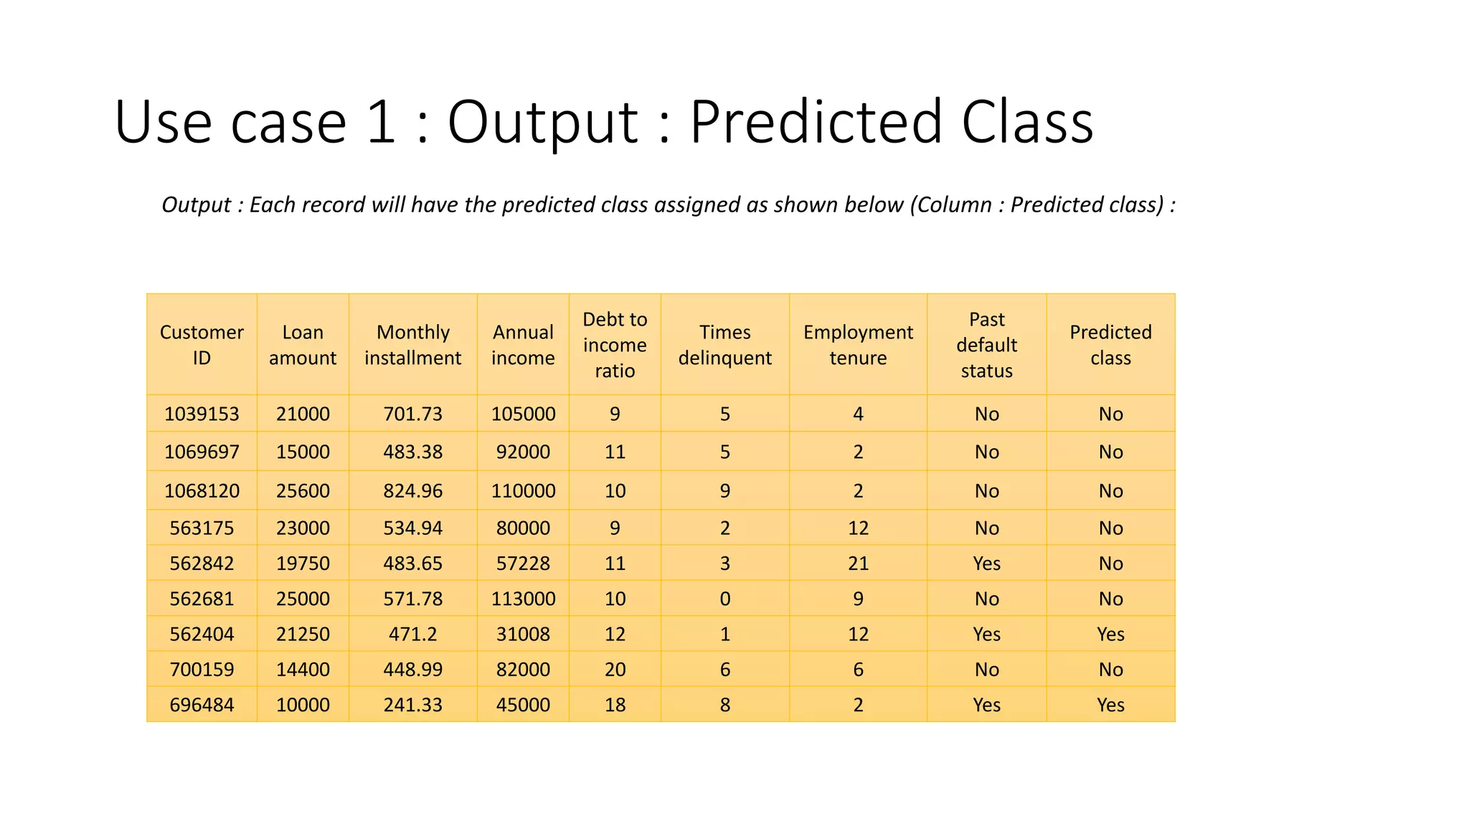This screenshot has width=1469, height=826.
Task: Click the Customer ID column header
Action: coord(202,345)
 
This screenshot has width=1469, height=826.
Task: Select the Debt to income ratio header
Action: coord(615,345)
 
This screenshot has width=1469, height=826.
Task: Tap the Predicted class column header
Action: coord(1110,345)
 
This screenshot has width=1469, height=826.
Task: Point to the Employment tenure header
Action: coord(858,345)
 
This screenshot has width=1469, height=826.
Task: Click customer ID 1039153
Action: coord(202,414)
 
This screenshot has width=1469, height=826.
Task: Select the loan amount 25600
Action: coord(303,491)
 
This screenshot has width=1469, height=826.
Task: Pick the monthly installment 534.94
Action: coord(412,528)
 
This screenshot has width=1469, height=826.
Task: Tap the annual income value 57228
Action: coord(523,564)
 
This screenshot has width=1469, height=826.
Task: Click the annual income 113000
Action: coord(523,599)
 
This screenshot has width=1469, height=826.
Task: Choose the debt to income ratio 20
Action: coord(615,670)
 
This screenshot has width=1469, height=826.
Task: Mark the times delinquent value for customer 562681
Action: coord(725,599)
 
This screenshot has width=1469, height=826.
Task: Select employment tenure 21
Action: coord(858,564)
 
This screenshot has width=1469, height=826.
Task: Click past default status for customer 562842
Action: coord(986,564)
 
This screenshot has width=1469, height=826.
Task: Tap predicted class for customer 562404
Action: coord(1110,635)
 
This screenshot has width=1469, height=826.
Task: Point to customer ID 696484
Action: coord(202,705)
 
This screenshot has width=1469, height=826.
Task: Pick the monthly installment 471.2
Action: coord(412,635)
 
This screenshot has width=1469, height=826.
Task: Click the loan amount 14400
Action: coord(303,670)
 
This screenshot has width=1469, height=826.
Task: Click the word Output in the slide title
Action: coord(542,122)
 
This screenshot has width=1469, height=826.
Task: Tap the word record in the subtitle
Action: coord(333,205)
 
